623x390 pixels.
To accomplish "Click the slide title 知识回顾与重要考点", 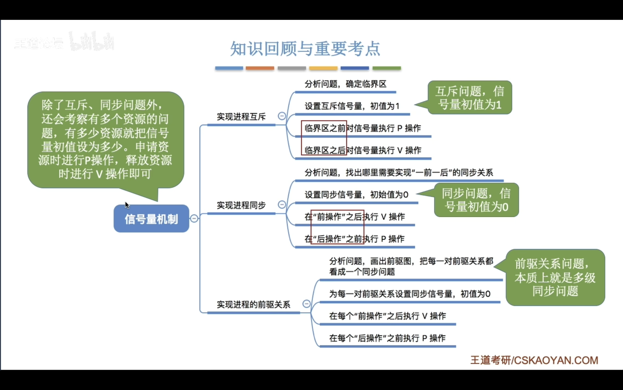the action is pos(305,49).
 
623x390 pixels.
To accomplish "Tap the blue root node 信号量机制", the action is pos(151,219).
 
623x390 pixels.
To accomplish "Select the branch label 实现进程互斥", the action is pos(241,117).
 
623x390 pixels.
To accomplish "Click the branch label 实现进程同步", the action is pos(241,205).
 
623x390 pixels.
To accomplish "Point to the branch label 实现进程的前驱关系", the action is pos(253,305).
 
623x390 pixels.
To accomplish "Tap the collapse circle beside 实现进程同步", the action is pos(282,204).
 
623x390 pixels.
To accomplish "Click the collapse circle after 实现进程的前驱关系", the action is pos(306,304).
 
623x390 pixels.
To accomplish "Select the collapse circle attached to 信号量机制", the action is pos(194,219).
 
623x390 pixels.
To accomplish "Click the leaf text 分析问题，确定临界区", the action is pos(345,84).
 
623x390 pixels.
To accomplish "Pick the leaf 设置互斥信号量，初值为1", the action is pos(352,106).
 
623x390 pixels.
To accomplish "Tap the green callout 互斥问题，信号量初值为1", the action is pos(470,98).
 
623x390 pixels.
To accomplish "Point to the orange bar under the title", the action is pos(260,68).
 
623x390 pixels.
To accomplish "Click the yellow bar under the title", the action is pos(323,68).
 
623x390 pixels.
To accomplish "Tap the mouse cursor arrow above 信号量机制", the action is pos(127,205).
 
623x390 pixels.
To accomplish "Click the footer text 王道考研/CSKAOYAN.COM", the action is pos(534,360).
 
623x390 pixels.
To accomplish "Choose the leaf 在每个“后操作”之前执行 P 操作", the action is pos(387,338).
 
